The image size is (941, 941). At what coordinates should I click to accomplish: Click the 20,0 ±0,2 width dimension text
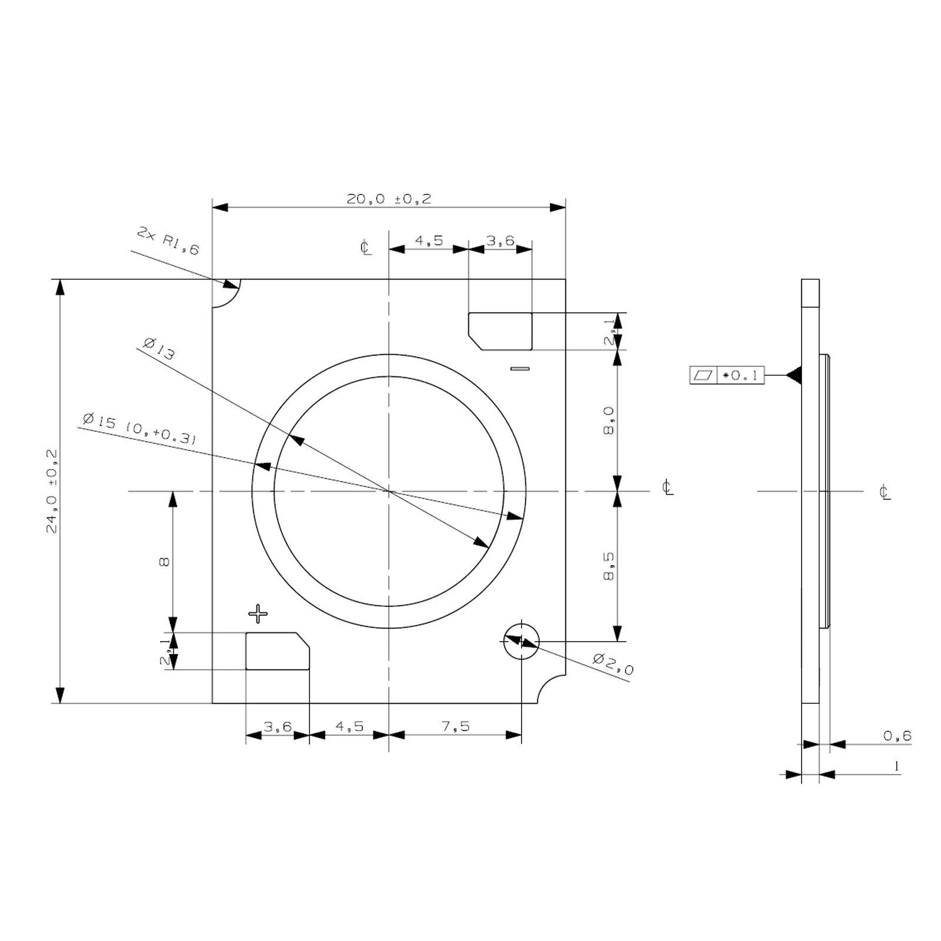[389, 199]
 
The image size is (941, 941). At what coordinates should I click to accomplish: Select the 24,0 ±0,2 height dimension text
[52, 492]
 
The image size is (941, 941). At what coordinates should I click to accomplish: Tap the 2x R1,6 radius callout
[168, 241]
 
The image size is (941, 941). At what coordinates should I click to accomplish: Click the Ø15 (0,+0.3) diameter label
[139, 429]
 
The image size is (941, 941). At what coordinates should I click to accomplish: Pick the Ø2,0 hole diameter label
[613, 663]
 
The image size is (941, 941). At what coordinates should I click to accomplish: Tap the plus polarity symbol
[258, 614]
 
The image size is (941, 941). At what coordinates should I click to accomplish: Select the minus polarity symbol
[520, 369]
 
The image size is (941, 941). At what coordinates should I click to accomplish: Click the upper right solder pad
[500, 331]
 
